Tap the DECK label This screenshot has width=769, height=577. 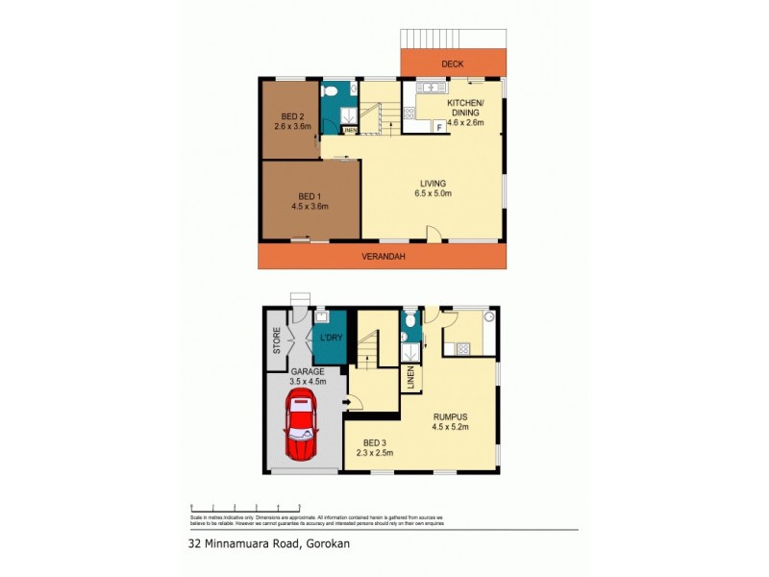click(452, 64)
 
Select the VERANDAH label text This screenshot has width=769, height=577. click(381, 257)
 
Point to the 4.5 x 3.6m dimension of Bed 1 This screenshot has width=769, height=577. click(310, 205)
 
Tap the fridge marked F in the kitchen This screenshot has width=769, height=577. click(439, 126)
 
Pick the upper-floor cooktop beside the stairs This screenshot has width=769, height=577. click(410, 113)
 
